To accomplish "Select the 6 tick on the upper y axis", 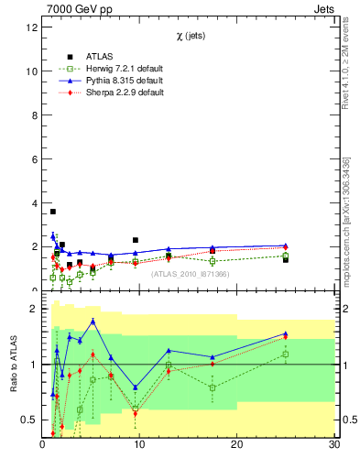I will (34, 158).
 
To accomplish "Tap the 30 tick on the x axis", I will (333, 444).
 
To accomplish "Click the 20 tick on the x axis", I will (236, 444).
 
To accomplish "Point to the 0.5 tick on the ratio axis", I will (29, 420).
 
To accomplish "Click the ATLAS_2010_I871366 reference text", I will (189, 274).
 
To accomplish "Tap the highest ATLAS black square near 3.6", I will (53, 212).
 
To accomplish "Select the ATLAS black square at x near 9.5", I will (136, 240).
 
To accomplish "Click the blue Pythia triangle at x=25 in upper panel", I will (286, 245).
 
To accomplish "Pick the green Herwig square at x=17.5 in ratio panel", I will (213, 387).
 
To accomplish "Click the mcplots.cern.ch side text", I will (345, 220).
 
